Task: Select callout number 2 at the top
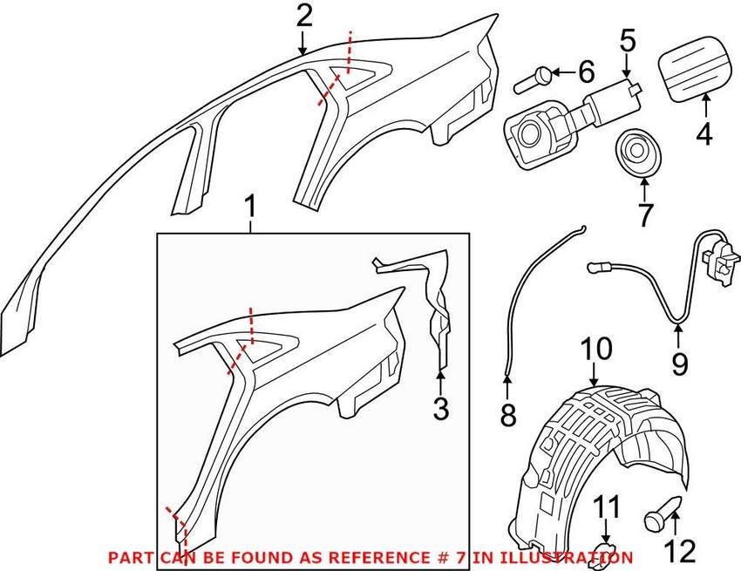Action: click(x=303, y=15)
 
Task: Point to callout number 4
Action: click(x=704, y=134)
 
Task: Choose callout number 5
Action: click(x=628, y=39)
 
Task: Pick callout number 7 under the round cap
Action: click(x=644, y=214)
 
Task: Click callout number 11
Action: click(x=608, y=506)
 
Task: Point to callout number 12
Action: click(x=681, y=549)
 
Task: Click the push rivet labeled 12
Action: click(x=662, y=513)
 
